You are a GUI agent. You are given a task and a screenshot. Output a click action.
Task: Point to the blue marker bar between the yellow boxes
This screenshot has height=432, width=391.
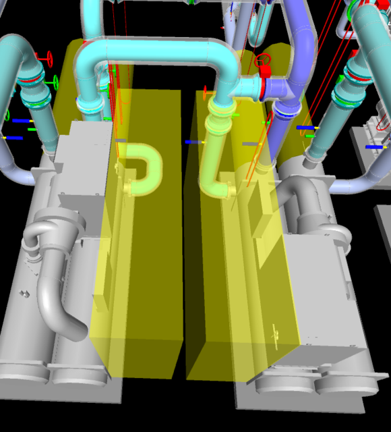tap(193, 142)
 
